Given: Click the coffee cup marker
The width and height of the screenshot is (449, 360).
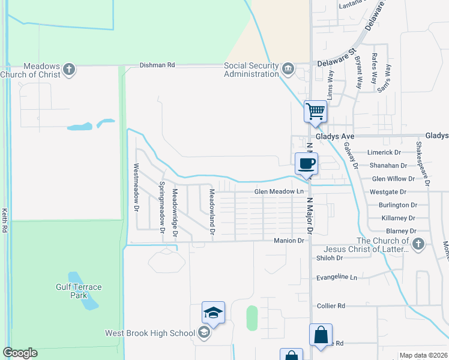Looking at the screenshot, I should point(307,163).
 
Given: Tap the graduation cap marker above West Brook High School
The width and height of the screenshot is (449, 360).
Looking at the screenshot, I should point(213,313).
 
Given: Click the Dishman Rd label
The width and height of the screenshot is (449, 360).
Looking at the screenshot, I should point(157,65).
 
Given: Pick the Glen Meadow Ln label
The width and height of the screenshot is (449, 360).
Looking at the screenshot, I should point(276,191).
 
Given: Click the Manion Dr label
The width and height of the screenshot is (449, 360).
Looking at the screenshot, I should point(290,240).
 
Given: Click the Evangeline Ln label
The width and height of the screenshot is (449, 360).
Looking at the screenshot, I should point(337,278).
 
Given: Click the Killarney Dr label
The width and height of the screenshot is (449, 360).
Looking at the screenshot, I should point(399,218).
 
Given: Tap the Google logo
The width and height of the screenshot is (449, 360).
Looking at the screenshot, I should point(20,353).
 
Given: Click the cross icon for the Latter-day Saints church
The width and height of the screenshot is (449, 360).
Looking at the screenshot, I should point(418,244).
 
